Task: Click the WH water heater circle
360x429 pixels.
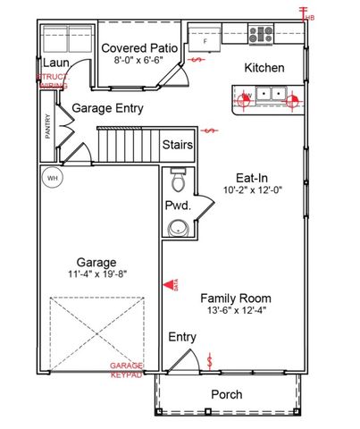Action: (53, 178)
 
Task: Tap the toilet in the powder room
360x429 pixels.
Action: (178, 182)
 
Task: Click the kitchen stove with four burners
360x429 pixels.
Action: (261, 36)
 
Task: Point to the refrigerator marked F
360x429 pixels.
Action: (209, 40)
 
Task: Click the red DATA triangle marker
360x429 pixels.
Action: (169, 285)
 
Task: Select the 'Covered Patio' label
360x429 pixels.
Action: (138, 47)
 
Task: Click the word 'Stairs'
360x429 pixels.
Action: (180, 145)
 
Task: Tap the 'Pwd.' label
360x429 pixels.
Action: (177, 206)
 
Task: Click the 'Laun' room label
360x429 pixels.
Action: (54, 64)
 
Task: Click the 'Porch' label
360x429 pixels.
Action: (226, 394)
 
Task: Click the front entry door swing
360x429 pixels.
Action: (182, 361)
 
